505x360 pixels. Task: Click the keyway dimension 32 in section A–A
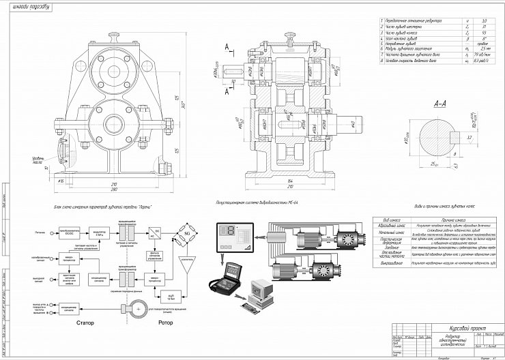pos(470,137)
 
